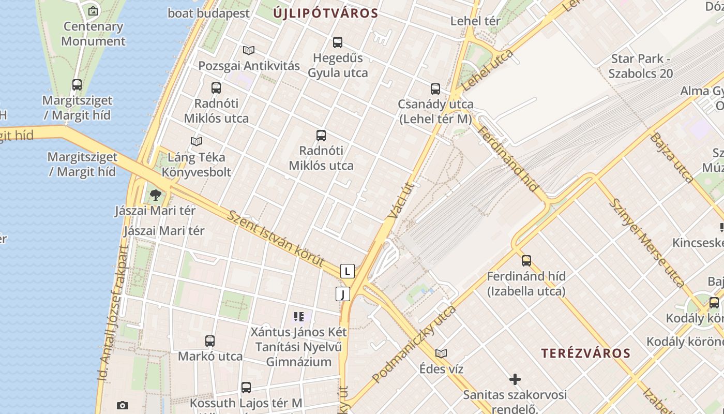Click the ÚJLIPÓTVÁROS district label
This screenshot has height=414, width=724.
325,13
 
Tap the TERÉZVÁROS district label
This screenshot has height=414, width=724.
585,353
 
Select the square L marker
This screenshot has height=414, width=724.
348,271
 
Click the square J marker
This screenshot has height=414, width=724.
342,294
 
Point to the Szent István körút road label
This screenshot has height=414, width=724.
275,238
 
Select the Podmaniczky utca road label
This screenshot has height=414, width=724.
414,344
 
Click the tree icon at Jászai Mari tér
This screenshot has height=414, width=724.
155,195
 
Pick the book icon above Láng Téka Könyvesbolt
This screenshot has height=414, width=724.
197,141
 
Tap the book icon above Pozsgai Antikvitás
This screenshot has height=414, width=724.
249,50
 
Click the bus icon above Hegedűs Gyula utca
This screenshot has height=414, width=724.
338,42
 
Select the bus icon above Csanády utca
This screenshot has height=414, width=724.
435,88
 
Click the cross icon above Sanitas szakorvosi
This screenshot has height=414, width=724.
515,379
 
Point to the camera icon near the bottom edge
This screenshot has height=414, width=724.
123,405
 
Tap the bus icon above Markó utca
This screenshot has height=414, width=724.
210,341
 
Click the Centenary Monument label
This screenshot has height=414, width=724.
93,34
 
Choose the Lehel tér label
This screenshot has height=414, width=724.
475,21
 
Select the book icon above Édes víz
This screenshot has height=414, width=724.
441,353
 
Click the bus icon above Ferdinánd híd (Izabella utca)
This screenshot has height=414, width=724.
526,260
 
